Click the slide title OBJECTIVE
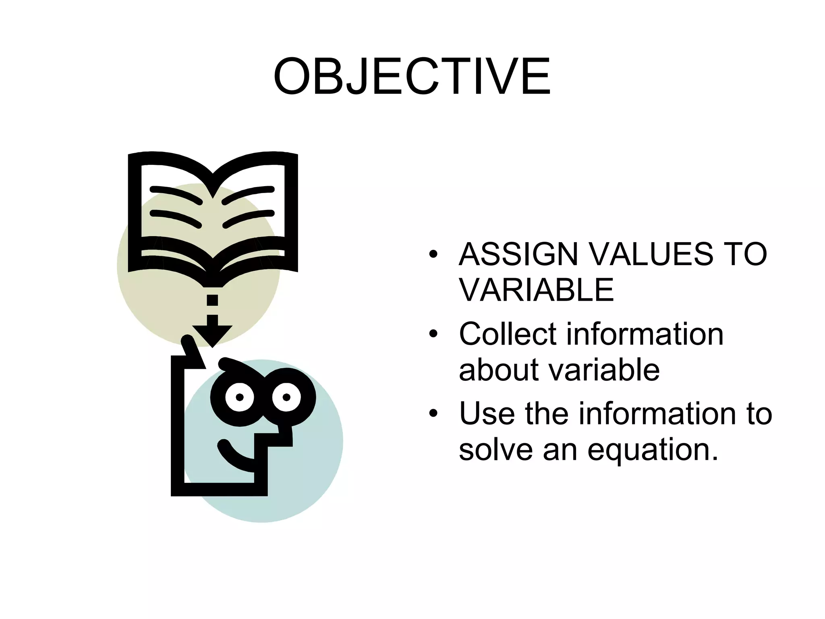coord(412,77)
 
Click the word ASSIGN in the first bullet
coord(518,254)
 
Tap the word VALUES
coord(649,254)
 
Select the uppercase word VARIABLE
coord(536,290)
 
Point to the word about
coord(499,370)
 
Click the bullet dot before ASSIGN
coord(433,255)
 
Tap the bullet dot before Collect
coord(433,334)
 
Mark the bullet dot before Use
coord(433,414)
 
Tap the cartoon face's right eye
coord(286,397)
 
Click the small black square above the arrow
coord(212,300)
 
